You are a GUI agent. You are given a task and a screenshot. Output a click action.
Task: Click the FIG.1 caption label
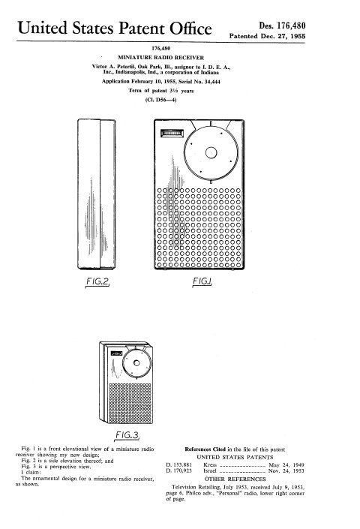tap(202, 281)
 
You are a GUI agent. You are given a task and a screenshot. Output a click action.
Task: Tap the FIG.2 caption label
tap(97, 281)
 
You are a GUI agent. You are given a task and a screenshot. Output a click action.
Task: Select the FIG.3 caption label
tap(127, 435)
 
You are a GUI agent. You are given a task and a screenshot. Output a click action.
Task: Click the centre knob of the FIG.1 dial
tap(211, 152)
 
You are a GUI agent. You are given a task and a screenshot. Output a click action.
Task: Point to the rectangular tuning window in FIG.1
tap(172, 134)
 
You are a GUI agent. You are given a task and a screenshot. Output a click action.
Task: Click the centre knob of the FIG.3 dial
tap(136, 362)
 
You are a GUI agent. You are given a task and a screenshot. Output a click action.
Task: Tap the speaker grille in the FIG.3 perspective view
tap(130, 403)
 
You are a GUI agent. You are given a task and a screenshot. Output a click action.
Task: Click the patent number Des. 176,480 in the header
tap(282, 26)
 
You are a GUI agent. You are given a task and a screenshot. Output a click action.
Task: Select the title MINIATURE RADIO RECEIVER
tap(160, 58)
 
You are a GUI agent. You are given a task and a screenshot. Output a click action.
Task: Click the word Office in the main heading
tap(190, 29)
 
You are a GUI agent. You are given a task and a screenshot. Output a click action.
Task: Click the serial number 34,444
tap(212, 81)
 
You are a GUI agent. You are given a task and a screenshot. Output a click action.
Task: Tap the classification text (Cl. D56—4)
tap(160, 100)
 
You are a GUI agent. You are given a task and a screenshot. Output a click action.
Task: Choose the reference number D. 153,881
tap(179, 464)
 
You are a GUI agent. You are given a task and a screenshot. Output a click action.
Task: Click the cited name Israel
tap(210, 470)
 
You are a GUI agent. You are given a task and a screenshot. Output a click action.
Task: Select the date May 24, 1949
tap(286, 464)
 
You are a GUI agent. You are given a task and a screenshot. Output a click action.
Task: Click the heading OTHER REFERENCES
tap(235, 479)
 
